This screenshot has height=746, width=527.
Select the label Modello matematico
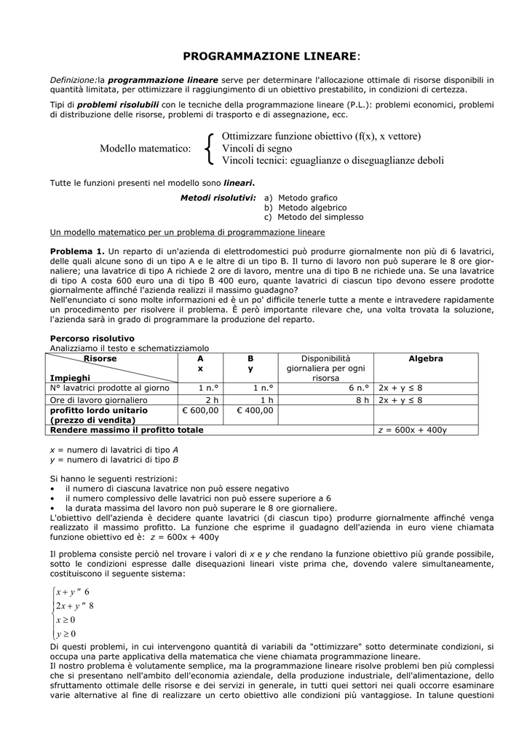point(146,149)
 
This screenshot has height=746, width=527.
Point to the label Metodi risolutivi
point(218,197)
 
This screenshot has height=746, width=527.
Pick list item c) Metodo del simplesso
point(314,217)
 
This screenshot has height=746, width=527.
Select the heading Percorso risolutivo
point(92,338)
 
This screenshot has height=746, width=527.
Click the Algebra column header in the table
point(425,359)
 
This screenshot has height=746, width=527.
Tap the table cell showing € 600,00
point(200,410)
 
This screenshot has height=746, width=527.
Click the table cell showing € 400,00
point(254,410)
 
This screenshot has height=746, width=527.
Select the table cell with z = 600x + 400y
point(413,431)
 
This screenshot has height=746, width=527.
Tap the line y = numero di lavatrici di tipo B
point(114,460)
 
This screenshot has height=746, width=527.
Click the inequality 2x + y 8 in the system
point(74,605)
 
